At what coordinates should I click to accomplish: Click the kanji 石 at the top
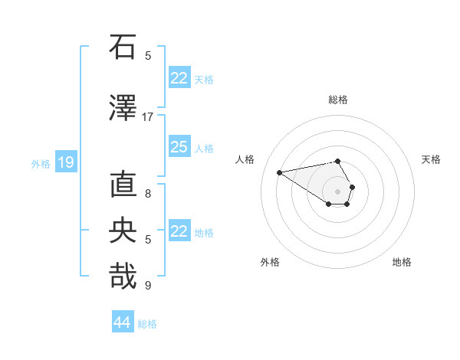click(122, 47)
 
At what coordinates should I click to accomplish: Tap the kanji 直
click(122, 186)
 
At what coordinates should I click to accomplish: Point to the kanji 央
click(122, 231)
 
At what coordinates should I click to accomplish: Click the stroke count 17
click(147, 116)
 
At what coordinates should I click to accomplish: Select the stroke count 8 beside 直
click(148, 194)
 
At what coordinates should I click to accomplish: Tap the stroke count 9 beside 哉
click(148, 286)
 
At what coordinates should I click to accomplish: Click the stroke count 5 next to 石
click(148, 55)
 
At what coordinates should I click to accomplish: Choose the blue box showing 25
click(179, 147)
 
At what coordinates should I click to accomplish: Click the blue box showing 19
click(65, 162)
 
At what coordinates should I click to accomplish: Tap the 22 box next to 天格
click(179, 78)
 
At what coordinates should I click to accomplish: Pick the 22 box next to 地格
click(179, 231)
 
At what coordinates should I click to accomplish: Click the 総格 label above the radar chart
click(338, 100)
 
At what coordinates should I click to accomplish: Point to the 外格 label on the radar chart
click(270, 262)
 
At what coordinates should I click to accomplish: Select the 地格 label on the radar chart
click(402, 262)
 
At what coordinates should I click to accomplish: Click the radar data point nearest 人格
click(280, 172)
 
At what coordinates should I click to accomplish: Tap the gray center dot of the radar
click(338, 191)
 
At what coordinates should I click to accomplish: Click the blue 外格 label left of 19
click(40, 163)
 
